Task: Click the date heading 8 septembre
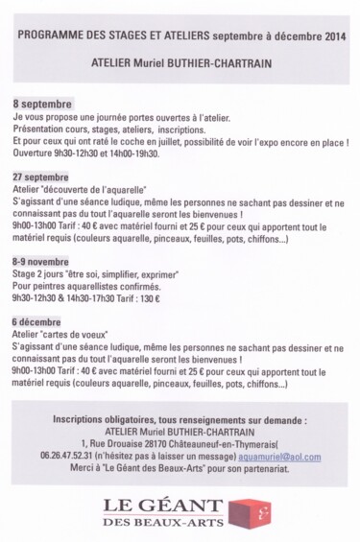(46, 101)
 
